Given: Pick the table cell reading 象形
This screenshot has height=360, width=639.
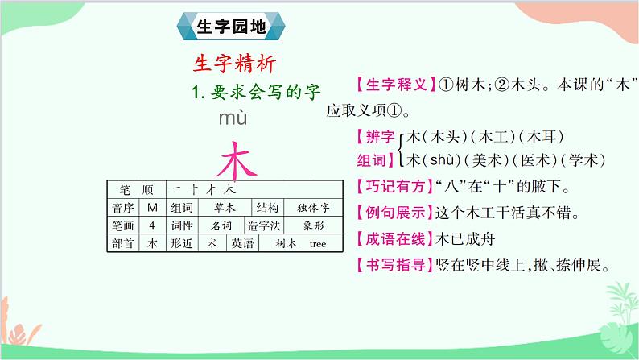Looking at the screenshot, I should click(x=307, y=226).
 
